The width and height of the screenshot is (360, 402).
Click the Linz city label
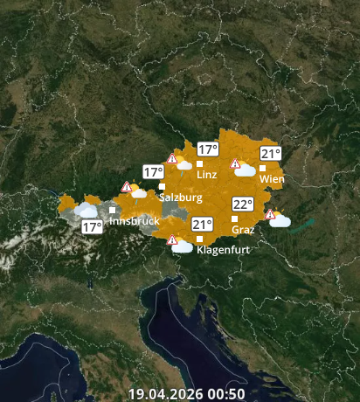[x=207, y=175]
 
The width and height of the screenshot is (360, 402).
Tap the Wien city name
[x=272, y=179]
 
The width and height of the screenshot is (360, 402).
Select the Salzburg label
[x=181, y=198]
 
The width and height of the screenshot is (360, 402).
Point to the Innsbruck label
[x=135, y=221]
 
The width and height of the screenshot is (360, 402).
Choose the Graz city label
[x=244, y=230]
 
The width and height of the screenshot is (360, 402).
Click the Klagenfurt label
[x=224, y=250]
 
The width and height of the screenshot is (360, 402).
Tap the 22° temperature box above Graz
[x=242, y=204]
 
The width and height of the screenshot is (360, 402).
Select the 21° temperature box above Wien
[x=270, y=154]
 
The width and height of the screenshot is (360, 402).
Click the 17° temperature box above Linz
[x=207, y=149]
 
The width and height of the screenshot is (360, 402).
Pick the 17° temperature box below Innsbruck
[x=92, y=227]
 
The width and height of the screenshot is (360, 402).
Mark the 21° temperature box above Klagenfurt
[x=203, y=224]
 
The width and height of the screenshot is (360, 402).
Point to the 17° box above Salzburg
[x=154, y=172]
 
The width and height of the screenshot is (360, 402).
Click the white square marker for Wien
[x=263, y=168]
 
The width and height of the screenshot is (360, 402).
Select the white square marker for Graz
[x=234, y=218]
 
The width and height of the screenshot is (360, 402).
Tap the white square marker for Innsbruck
[x=112, y=210]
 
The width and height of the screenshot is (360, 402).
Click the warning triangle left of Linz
[x=172, y=159]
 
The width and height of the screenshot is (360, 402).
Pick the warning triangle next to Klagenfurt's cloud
[x=172, y=239]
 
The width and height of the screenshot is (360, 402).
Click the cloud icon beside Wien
[x=246, y=170]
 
